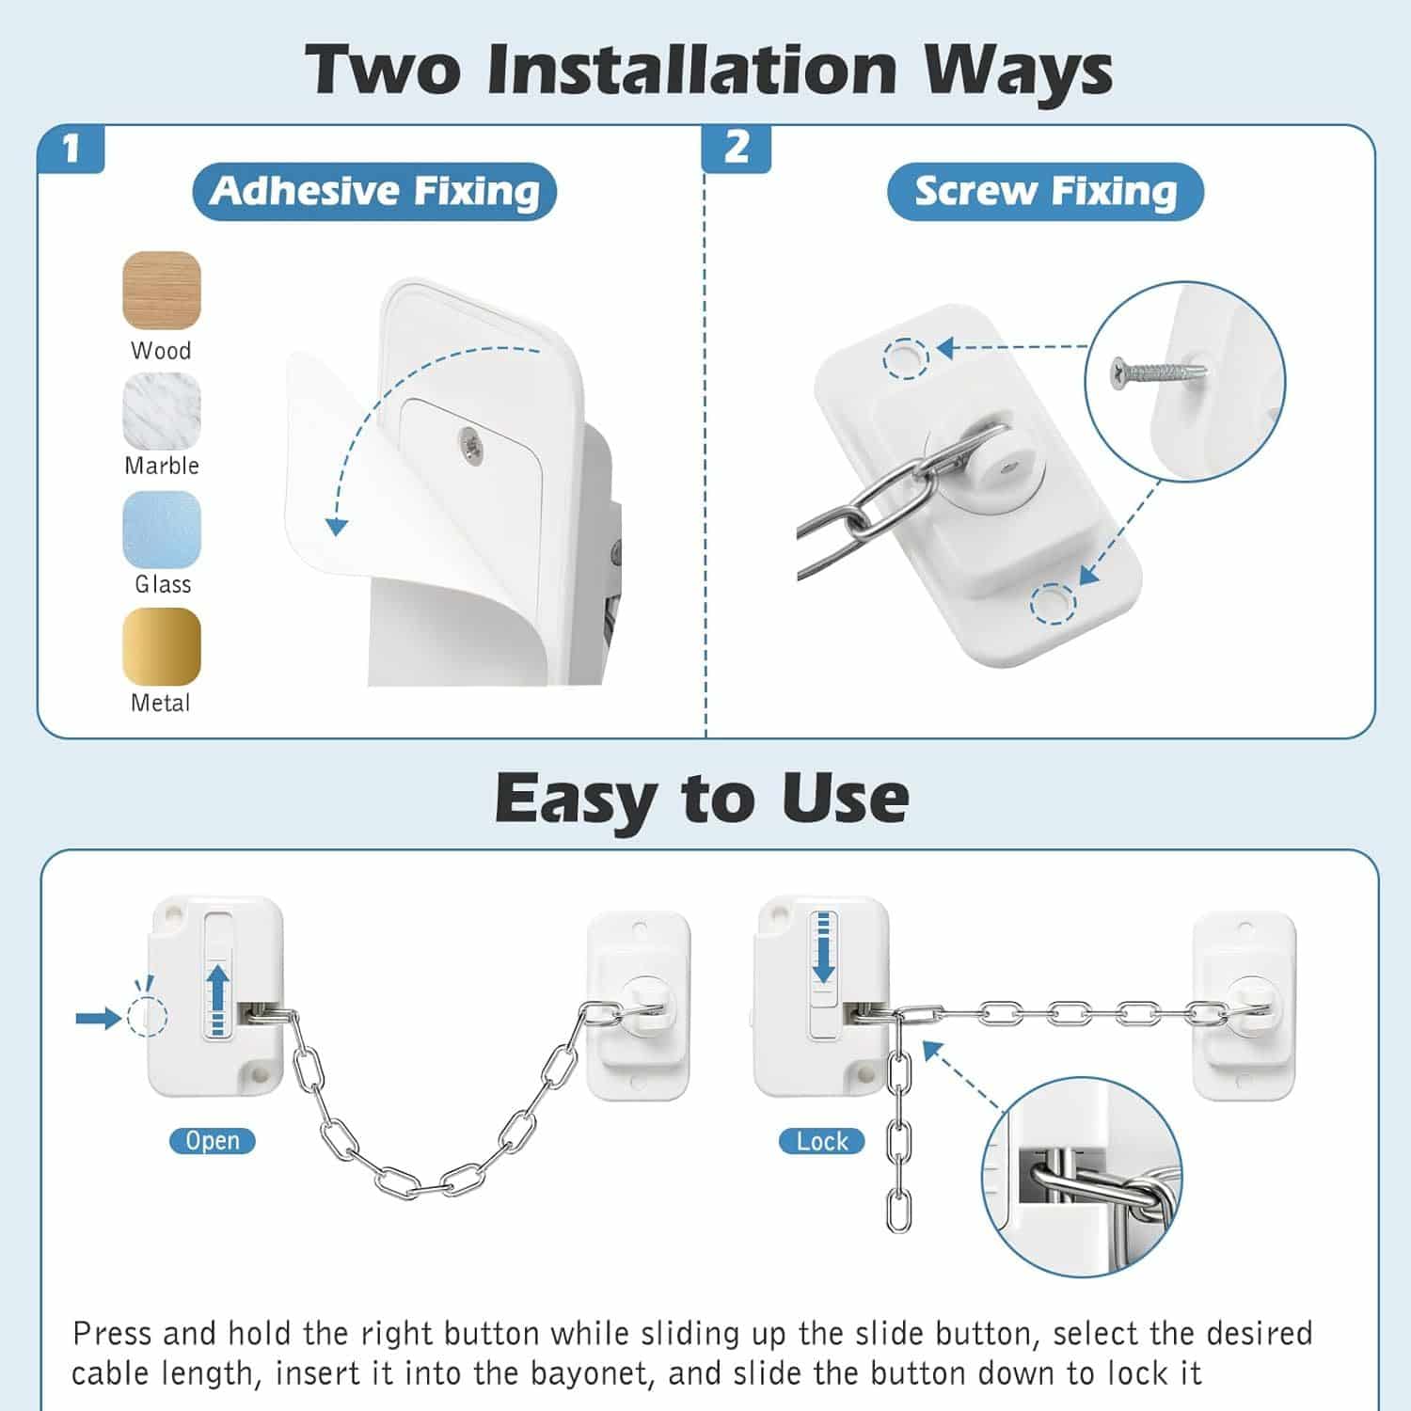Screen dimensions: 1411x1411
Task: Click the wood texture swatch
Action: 162,290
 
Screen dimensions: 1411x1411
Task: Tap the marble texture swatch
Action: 162,411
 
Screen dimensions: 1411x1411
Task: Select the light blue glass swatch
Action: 162,530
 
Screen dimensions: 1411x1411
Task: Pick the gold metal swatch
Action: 162,647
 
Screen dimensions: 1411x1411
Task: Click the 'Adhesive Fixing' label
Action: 375,191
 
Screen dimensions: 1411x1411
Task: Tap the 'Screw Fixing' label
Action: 1045,191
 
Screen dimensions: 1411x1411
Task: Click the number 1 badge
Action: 71,149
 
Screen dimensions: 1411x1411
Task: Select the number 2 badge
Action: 737,149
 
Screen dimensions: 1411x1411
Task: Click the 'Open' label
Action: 213,1141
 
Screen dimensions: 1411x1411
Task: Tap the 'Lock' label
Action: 822,1142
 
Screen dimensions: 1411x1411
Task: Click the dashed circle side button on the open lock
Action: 147,1017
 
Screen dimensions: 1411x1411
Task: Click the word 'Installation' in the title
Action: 692,71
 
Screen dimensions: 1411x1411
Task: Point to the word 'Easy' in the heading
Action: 573,800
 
